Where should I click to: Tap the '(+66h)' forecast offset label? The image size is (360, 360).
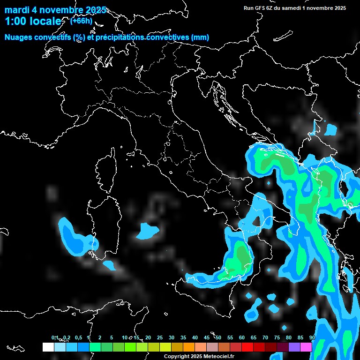(81, 21)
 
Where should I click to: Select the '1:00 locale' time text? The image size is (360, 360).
(33, 22)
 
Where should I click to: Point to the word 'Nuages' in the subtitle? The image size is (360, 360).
(19, 37)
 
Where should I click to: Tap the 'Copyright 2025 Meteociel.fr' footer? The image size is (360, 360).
(198, 357)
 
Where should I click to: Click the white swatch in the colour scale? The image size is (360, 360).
(48, 347)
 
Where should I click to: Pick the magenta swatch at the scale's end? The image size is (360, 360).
(306, 347)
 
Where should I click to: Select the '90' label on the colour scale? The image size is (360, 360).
(312, 338)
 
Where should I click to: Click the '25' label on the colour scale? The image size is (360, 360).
(160, 338)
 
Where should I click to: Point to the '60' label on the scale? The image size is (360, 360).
(242, 338)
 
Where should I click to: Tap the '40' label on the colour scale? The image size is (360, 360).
(195, 338)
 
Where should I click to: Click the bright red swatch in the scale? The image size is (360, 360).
(247, 347)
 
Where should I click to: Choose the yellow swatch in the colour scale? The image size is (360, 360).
(165, 347)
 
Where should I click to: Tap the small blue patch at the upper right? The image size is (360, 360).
(331, 129)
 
